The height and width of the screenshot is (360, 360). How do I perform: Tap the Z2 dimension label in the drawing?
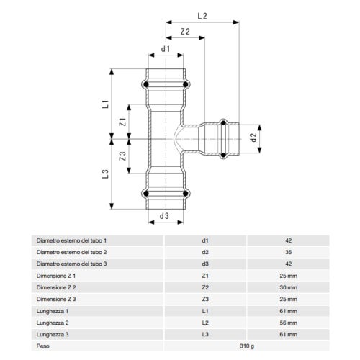[186, 32]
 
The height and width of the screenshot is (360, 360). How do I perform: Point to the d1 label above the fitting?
[166, 49]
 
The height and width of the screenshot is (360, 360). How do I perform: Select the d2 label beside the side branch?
[252, 135]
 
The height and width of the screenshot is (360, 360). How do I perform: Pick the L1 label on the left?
[104, 104]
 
